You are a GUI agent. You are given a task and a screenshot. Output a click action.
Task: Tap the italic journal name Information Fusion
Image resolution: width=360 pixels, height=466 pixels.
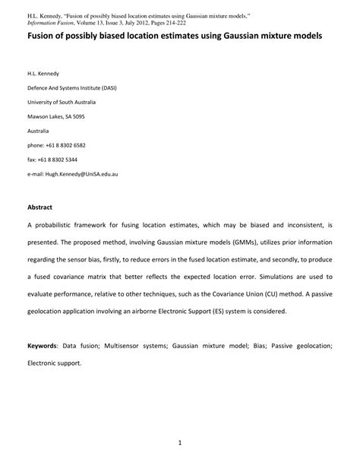pyautogui.click(x=55, y=22)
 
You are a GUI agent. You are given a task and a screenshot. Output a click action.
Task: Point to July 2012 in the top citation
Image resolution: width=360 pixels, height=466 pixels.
pyautogui.click(x=145, y=22)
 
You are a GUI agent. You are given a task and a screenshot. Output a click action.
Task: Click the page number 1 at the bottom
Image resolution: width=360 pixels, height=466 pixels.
pyautogui.click(x=180, y=441)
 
